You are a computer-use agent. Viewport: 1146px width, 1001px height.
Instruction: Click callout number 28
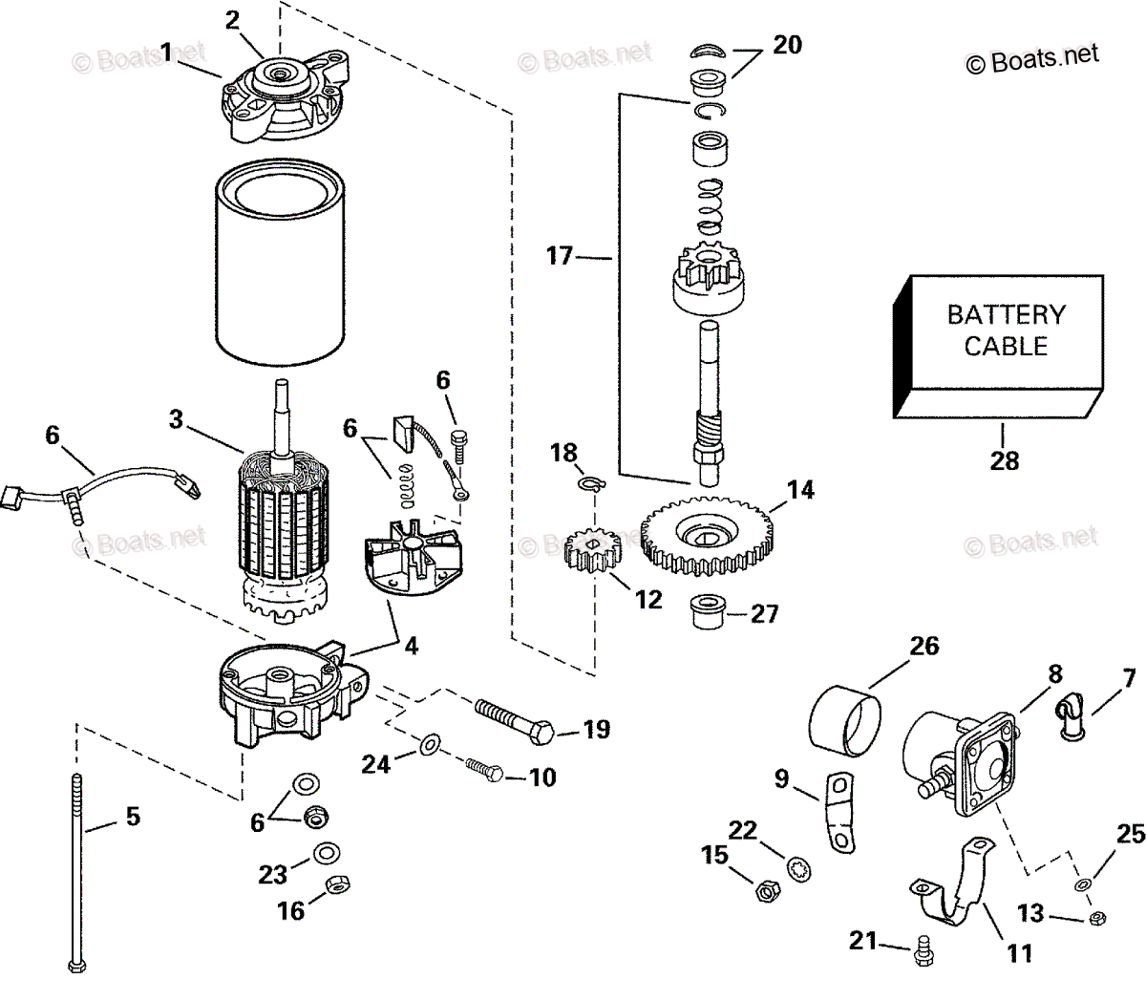point(1005,460)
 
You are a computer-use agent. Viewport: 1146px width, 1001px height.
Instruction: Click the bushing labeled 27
point(706,613)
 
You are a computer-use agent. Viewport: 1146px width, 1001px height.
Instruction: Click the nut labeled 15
point(765,891)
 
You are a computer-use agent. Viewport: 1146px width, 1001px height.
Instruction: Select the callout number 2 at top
point(232,20)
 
